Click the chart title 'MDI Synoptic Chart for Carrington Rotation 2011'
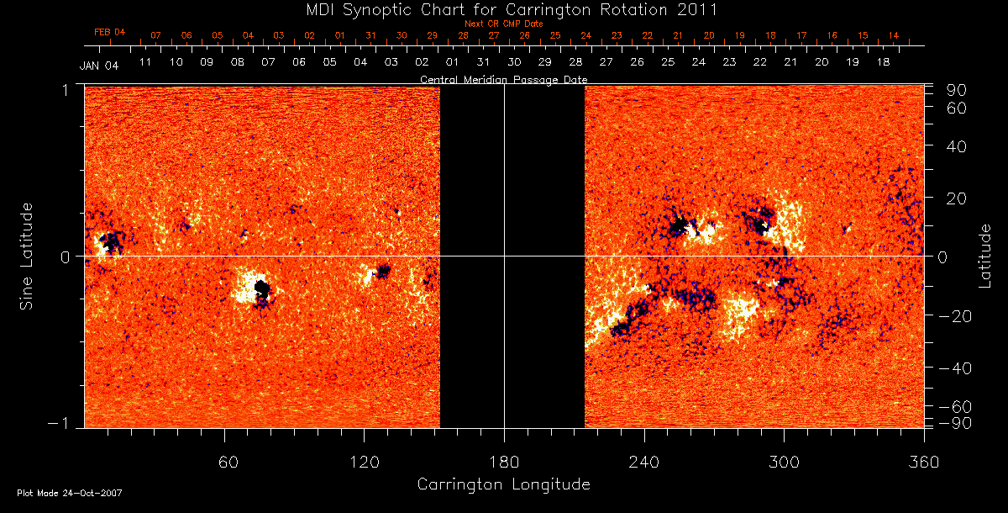[502, 10]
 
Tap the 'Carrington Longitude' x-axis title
[503, 484]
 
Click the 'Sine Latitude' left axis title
[27, 256]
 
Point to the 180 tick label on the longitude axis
[503, 462]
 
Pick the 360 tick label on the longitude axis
[923, 462]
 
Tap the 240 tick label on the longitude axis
[643, 462]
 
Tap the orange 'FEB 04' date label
[109, 32]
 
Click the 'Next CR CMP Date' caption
[503, 24]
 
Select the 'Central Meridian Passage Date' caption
[503, 80]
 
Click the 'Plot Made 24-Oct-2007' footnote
[70, 493]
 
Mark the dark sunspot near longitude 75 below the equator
[262, 290]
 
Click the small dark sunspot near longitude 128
[384, 271]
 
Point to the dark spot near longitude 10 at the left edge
[109, 244]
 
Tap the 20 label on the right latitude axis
[958, 198]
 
